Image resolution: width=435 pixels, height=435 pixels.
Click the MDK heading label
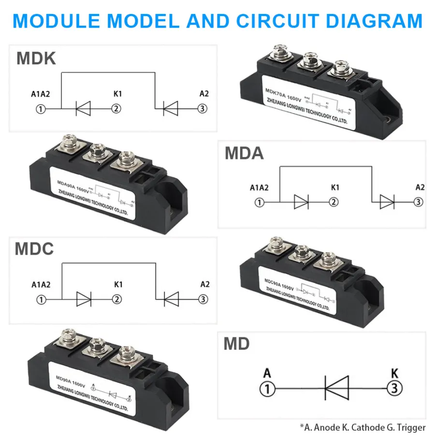pyautogui.click(x=36, y=58)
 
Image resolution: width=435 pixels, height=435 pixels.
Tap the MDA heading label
pyautogui.click(x=244, y=153)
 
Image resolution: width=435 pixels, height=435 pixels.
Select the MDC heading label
pyautogui.click(x=34, y=249)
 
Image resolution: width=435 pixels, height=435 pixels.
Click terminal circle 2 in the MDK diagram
pyautogui.click(x=116, y=109)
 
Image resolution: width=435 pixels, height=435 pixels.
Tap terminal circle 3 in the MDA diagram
pyautogui.click(x=419, y=203)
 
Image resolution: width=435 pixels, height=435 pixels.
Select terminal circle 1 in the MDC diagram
pyautogui.click(x=41, y=300)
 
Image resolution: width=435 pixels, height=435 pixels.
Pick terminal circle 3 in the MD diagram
pyautogui.click(x=394, y=388)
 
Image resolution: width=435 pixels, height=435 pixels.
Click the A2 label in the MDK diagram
pyautogui.click(x=204, y=94)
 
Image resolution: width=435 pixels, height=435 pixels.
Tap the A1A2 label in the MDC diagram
pyautogui.click(x=41, y=285)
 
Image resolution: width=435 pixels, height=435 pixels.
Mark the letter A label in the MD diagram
pyautogui.click(x=267, y=373)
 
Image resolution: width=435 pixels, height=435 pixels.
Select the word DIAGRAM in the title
pyautogui.click(x=375, y=21)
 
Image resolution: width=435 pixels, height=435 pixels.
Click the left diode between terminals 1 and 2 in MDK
pyautogui.click(x=83, y=109)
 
